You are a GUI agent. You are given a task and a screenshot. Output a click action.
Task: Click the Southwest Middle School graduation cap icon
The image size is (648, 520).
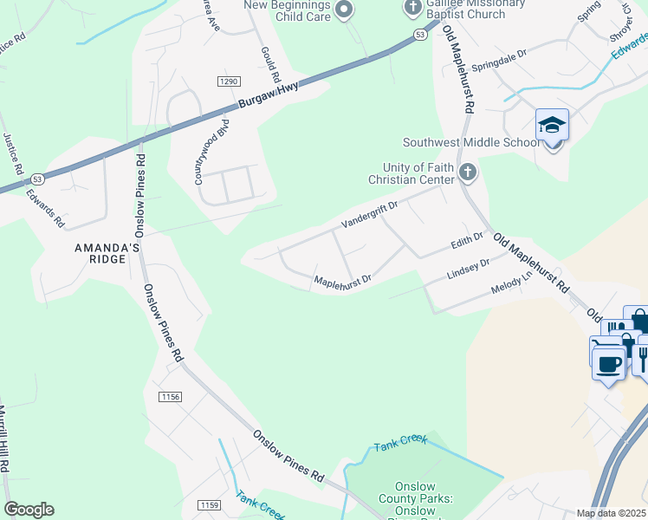click(x=552, y=126)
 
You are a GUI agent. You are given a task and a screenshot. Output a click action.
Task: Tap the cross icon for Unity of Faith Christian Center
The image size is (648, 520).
click(x=468, y=172)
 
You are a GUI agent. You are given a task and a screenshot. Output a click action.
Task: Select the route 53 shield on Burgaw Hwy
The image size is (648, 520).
click(x=420, y=35)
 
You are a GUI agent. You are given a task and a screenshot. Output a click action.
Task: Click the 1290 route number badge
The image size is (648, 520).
click(x=228, y=81)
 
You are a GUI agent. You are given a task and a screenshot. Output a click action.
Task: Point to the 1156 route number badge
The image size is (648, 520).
click(x=171, y=396)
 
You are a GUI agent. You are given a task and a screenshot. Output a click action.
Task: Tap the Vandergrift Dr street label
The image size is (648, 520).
click(x=369, y=214)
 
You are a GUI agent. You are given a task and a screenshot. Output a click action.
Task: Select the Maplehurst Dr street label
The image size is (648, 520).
click(x=342, y=280)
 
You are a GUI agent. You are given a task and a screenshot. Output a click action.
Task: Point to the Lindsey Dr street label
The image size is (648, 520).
click(x=468, y=267)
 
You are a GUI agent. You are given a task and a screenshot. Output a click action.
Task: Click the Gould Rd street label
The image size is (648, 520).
click(x=270, y=63)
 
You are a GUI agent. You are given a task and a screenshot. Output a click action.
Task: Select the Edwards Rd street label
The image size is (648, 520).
click(x=45, y=208)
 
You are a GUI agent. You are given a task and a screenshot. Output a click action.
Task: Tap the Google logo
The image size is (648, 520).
click(x=29, y=510)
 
